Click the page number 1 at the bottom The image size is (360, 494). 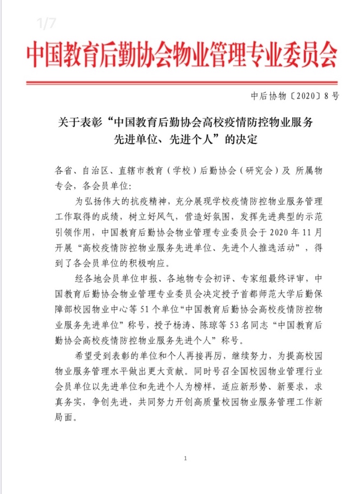186,458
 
